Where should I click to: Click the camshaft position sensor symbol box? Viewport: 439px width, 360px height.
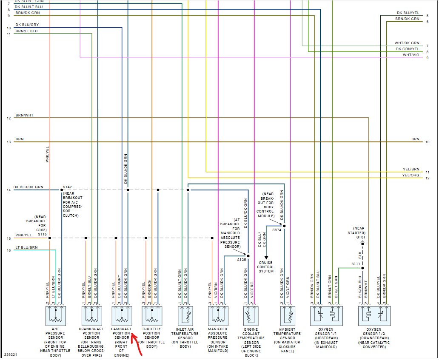click(122, 316)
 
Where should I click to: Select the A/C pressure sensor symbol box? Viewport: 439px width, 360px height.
click(56, 316)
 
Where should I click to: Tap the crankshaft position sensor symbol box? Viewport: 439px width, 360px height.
click(92, 316)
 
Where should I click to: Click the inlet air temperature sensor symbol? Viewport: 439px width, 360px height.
click(185, 316)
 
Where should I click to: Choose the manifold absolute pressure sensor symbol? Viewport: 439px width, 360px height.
click(218, 316)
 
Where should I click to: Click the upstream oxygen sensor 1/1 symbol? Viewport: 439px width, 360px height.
click(326, 316)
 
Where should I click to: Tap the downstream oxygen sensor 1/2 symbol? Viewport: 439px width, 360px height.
click(374, 316)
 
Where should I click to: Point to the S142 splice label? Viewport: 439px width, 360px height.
click(68, 187)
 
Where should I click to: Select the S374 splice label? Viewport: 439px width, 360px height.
click(277, 230)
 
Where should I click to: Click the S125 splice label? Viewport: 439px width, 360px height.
click(242, 259)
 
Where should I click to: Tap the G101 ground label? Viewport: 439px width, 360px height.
click(361, 237)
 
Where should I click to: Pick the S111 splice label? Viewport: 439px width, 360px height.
click(356, 264)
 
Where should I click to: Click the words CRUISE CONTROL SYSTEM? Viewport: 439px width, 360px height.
click(266, 267)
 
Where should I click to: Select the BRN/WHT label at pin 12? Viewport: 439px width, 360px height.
click(24, 116)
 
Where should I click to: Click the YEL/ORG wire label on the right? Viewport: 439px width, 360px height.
click(410, 175)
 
